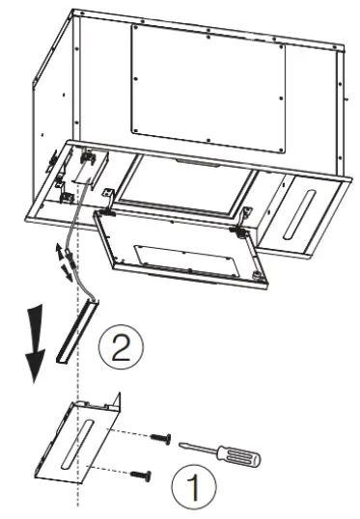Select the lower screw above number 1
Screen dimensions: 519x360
pos(145,475)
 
